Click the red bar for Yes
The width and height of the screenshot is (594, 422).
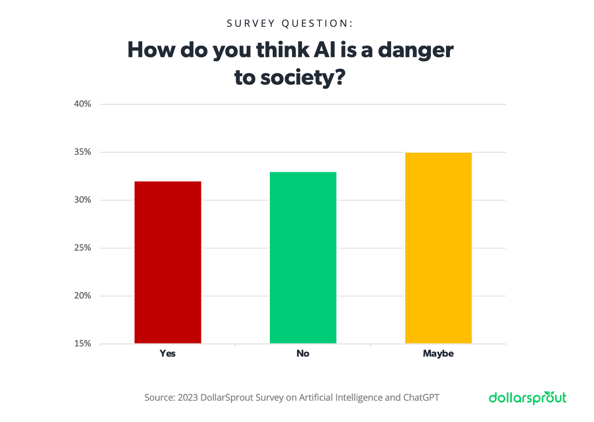tap(167, 262)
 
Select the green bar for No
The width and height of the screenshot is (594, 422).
tap(303, 257)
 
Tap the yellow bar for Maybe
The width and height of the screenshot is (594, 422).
tap(438, 247)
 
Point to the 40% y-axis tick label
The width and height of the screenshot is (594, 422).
tap(82, 104)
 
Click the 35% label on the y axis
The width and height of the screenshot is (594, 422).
tap(82, 152)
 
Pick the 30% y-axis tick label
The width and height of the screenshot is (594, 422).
tap(82, 200)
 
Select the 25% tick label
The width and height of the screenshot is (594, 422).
tap(82, 248)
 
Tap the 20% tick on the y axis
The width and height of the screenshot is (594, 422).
tap(82, 296)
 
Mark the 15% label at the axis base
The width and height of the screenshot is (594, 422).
tap(82, 344)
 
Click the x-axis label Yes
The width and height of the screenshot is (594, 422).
tap(167, 354)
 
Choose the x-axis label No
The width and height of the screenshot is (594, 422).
tap(303, 354)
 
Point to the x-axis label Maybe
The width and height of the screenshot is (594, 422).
tap(438, 354)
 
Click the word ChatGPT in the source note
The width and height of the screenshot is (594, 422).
tap(422, 398)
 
